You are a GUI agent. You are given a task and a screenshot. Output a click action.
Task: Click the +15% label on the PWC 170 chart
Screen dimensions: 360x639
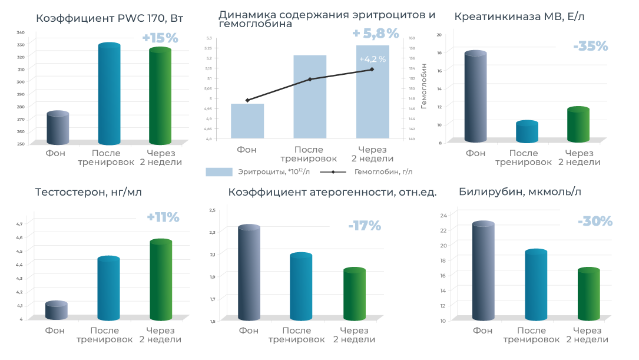(160, 38)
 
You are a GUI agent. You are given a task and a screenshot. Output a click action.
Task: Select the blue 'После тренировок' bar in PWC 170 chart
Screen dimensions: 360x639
(109, 94)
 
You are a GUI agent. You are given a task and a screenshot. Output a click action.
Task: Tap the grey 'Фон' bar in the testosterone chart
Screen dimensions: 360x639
(57, 311)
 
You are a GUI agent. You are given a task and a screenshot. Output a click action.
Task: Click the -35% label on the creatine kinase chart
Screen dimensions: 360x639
(590, 47)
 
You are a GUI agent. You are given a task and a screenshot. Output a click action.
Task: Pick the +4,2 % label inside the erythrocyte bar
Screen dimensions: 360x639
(372, 59)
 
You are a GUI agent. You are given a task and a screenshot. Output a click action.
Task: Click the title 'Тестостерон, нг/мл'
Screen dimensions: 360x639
(88, 192)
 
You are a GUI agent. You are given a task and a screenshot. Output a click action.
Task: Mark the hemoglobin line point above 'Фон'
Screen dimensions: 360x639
(247, 100)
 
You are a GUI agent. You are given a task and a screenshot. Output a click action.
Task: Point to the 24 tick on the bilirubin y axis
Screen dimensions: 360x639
(444, 215)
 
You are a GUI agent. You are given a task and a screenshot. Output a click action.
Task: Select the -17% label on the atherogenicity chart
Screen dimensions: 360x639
(364, 226)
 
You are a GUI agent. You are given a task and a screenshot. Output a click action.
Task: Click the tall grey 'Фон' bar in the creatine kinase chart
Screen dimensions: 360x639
(475, 97)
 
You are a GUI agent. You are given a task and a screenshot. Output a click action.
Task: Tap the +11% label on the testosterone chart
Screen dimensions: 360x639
(163, 217)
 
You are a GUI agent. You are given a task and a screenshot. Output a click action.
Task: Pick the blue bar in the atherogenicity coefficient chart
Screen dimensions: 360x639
(301, 287)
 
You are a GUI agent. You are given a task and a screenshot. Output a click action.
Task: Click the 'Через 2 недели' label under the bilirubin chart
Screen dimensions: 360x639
(587, 335)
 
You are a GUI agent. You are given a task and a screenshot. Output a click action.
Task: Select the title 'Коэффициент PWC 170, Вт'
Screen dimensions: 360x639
(110, 18)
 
